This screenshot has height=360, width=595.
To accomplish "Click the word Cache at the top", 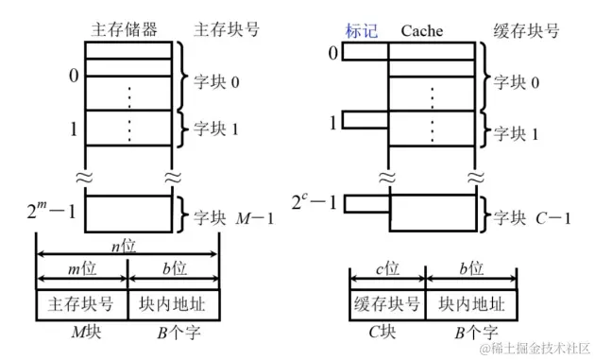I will pyautogui.click(x=421, y=30).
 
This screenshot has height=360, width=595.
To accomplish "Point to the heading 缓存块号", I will pyautogui.click(x=526, y=30).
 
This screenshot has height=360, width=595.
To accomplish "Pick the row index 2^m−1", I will pyautogui.click(x=53, y=205).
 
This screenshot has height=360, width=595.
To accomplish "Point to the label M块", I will pyautogui.click(x=81, y=332).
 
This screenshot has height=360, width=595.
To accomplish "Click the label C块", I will pyautogui.click(x=386, y=332).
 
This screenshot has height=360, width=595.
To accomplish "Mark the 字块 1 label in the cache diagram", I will pyautogui.click(x=521, y=133).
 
